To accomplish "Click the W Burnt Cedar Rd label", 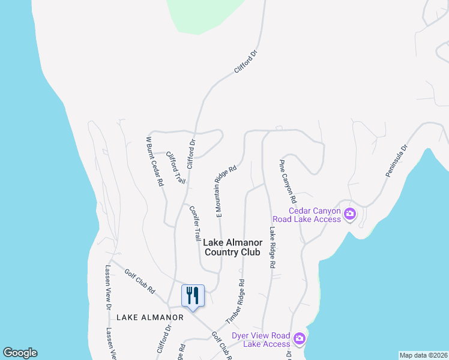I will click(155, 161).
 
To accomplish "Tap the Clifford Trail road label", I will click(175, 167).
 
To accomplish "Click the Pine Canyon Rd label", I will click(288, 181).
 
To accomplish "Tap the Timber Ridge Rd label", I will click(235, 301).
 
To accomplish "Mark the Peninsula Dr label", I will click(396, 160).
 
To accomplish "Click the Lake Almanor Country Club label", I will click(232, 247).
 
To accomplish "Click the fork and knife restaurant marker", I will click(193, 296).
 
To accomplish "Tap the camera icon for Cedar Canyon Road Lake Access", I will click(350, 214).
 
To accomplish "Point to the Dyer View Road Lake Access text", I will click(261, 340).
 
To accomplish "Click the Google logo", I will click(20, 353).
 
